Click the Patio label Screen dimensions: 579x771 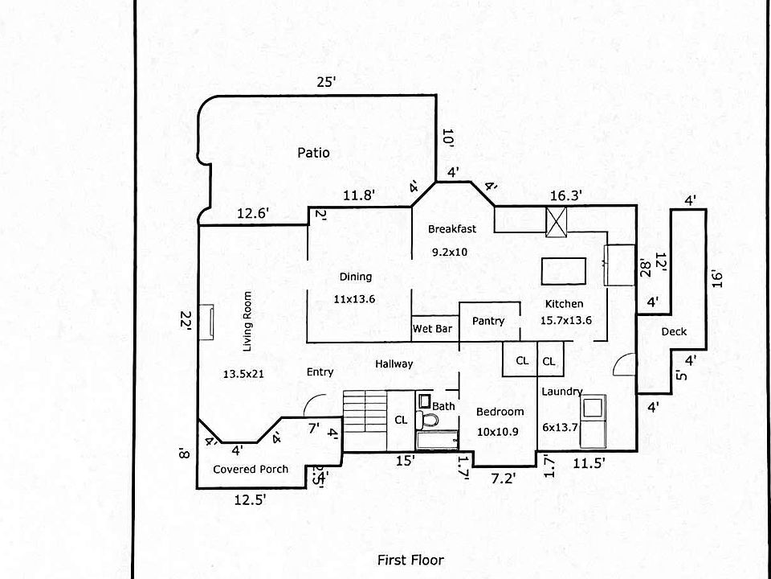tap(313, 152)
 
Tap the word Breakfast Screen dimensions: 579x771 tap(451, 228)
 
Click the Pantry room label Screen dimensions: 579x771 tap(488, 321)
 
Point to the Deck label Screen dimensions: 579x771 tap(673, 332)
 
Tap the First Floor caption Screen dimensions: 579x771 tap(410, 560)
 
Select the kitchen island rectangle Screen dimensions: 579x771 tap(564, 270)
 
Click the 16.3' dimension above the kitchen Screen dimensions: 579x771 tap(565, 195)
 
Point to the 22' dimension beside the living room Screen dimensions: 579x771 tap(186, 320)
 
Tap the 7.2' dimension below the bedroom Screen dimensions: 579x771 tap(503, 478)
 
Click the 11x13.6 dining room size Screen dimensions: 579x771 tap(354, 298)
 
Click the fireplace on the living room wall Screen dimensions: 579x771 tap(206, 321)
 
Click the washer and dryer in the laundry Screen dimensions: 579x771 tap(595, 421)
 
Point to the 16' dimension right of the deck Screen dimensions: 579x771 tap(717, 279)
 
